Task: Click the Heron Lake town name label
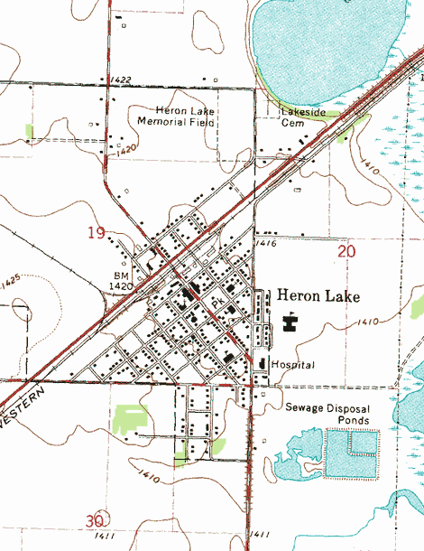318,296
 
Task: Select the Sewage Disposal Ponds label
327,415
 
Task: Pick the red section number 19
97,233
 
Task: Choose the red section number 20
346,251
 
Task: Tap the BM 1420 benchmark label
122,280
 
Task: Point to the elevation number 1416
264,244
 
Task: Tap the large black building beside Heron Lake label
290,321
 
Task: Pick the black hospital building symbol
262,363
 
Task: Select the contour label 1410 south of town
146,472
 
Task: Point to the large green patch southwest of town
131,419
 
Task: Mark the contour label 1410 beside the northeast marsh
368,164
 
